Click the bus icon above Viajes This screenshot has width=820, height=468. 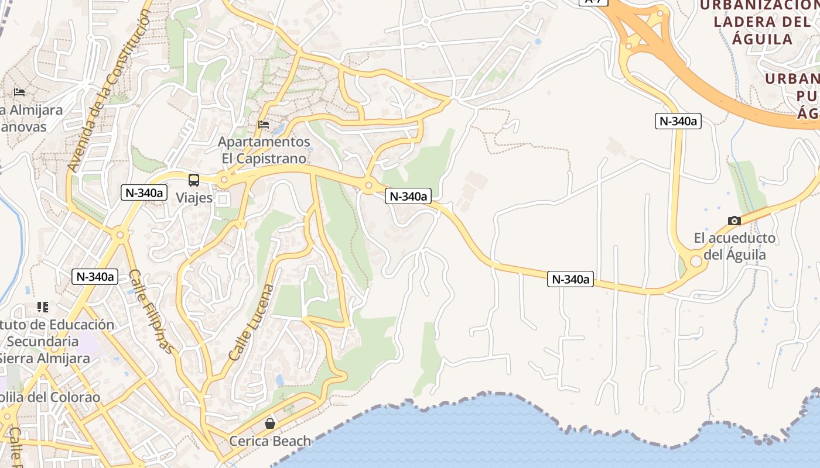194,180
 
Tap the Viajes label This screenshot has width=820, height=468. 194,198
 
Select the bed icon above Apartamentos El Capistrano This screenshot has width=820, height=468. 264,125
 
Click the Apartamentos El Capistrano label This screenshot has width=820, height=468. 264,150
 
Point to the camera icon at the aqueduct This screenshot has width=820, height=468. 734,221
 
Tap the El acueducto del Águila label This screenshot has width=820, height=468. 734,246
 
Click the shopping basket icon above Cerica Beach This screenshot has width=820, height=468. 270,423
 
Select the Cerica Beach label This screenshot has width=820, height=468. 270,441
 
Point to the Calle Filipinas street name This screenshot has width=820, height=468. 151,311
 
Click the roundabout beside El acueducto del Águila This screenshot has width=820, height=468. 696,261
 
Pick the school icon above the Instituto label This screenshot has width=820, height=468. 42,307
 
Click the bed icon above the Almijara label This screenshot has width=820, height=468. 19,92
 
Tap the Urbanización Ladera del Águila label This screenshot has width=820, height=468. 754,22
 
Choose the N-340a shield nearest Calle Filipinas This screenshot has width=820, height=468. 95,277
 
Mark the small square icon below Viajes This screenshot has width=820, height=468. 223,199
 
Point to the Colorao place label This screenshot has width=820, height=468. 50,397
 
